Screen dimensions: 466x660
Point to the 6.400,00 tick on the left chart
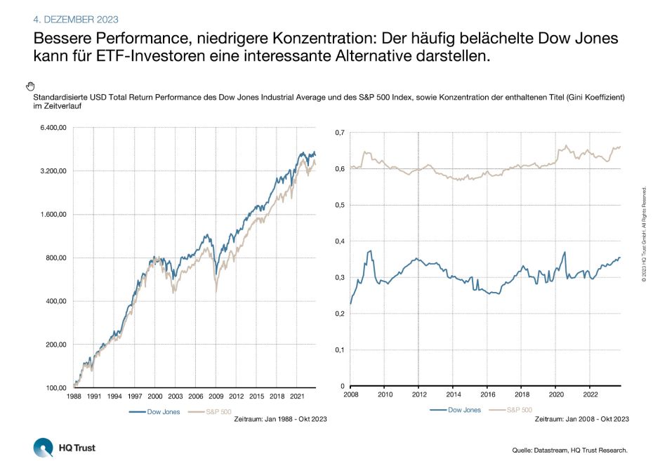pos(53,128)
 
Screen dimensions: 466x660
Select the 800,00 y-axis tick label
pos(56,258)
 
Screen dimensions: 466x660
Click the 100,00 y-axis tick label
pos(56,387)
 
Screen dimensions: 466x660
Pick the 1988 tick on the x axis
pos(74,397)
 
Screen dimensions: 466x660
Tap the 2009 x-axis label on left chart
pos(216,397)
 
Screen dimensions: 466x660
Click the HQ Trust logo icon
pos(43,447)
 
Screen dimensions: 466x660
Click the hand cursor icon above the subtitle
pos(30,86)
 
